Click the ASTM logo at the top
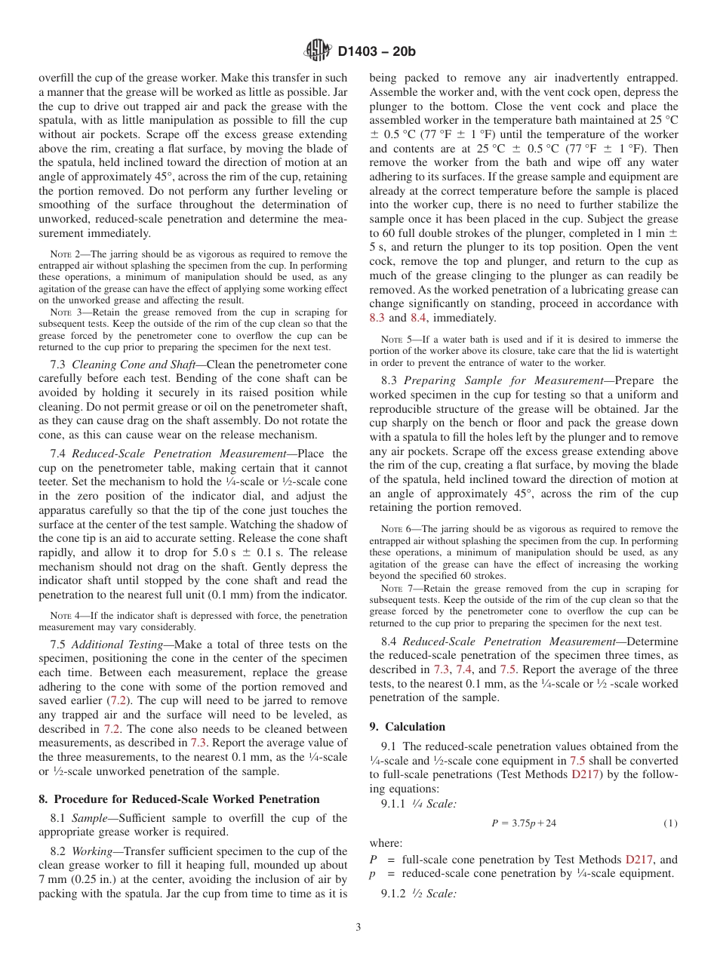coord(318,51)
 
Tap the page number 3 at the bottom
coord(358,928)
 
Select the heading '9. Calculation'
coord(407,727)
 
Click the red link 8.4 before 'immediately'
coord(419,318)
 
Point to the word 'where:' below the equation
coord(386,842)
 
